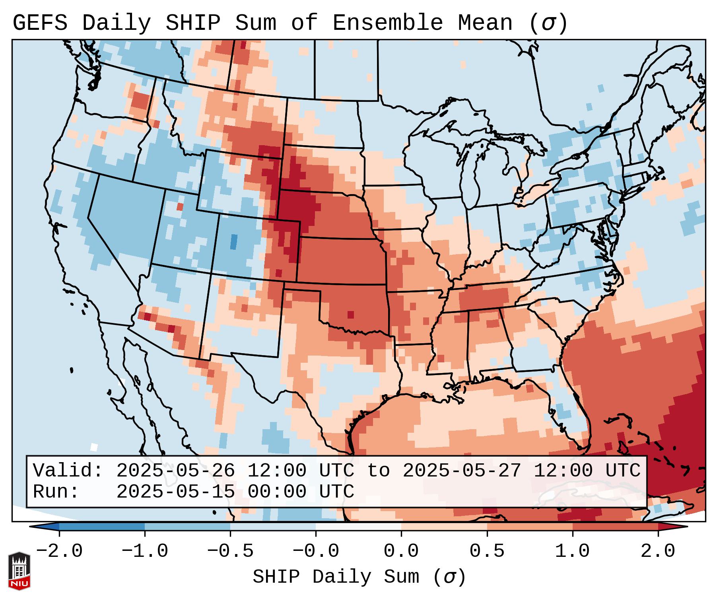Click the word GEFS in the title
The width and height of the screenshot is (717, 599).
pos(40,23)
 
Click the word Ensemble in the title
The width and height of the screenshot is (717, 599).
pos(387,23)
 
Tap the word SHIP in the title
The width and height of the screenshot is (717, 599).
pos(192,23)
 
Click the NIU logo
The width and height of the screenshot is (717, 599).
pos(19,571)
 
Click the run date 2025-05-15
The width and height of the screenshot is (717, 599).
pos(175,492)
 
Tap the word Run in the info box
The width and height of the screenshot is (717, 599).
pos(56,492)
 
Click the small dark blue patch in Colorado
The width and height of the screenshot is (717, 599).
pos(234,242)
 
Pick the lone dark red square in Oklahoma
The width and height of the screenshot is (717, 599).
pos(350,315)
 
